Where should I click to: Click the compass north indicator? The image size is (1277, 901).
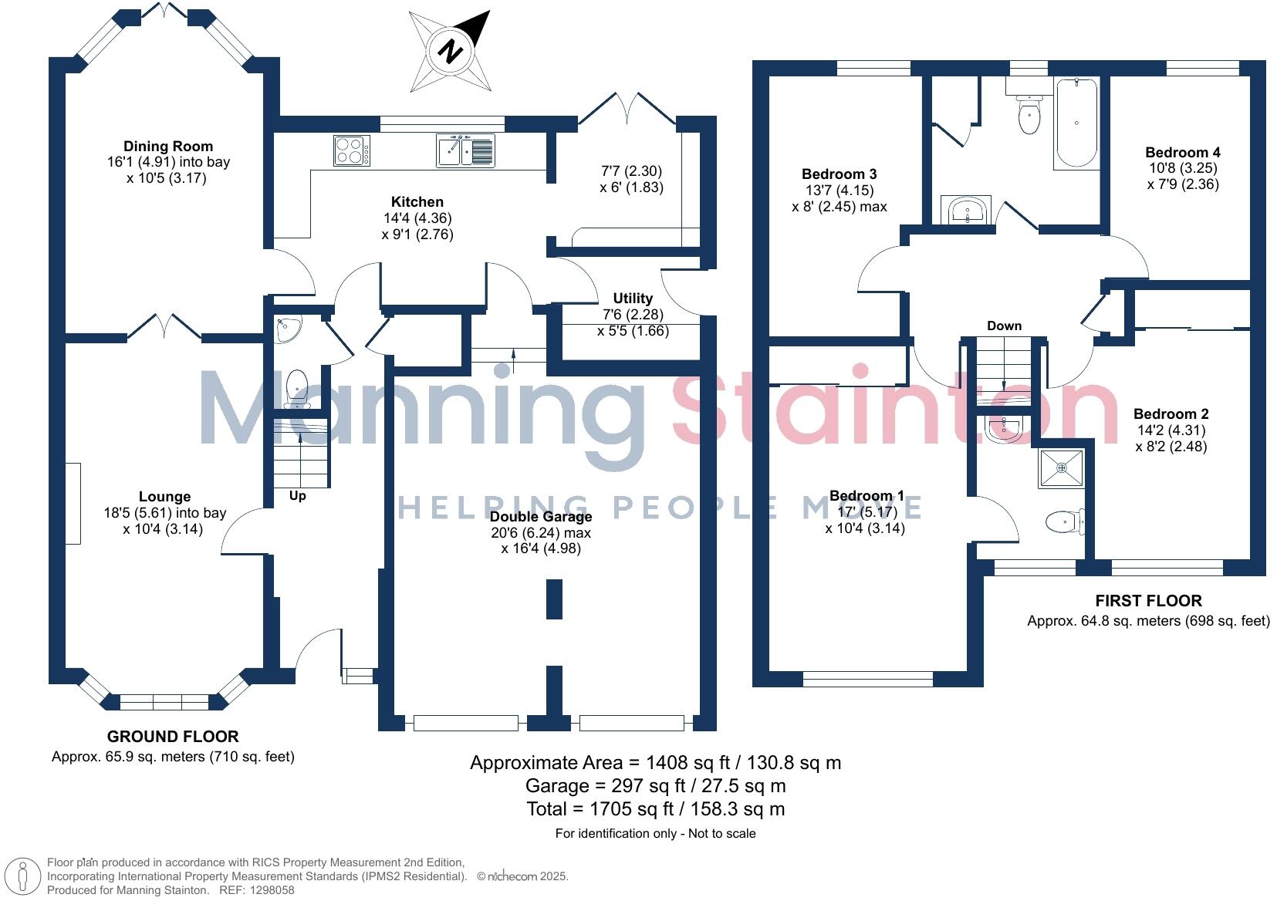coord(451,51)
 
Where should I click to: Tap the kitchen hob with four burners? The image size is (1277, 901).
coord(352,150)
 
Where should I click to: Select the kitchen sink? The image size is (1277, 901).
coord(465,150)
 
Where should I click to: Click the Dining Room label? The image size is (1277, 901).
coord(168,147)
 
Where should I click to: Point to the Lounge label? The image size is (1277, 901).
coord(165,496)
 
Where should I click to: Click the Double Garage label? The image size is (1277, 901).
coord(541,516)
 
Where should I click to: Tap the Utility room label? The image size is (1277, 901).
coord(633,298)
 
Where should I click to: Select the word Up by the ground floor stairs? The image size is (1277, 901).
coord(298,496)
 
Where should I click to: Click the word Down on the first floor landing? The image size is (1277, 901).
coord(1005,326)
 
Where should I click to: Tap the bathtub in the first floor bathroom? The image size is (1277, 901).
coord(1076,123)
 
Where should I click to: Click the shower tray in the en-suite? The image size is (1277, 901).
coord(1061,468)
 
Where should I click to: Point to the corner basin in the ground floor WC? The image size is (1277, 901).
coord(287,329)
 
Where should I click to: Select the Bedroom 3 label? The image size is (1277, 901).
coord(840,174)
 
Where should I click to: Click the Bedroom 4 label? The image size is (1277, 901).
coord(1183,152)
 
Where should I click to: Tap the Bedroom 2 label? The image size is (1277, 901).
coord(1171,413)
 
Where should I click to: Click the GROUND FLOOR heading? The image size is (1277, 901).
coord(173,736)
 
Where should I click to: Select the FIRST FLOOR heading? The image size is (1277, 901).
coord(1149,601)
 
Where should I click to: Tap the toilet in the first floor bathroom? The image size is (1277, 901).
coord(1029,115)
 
